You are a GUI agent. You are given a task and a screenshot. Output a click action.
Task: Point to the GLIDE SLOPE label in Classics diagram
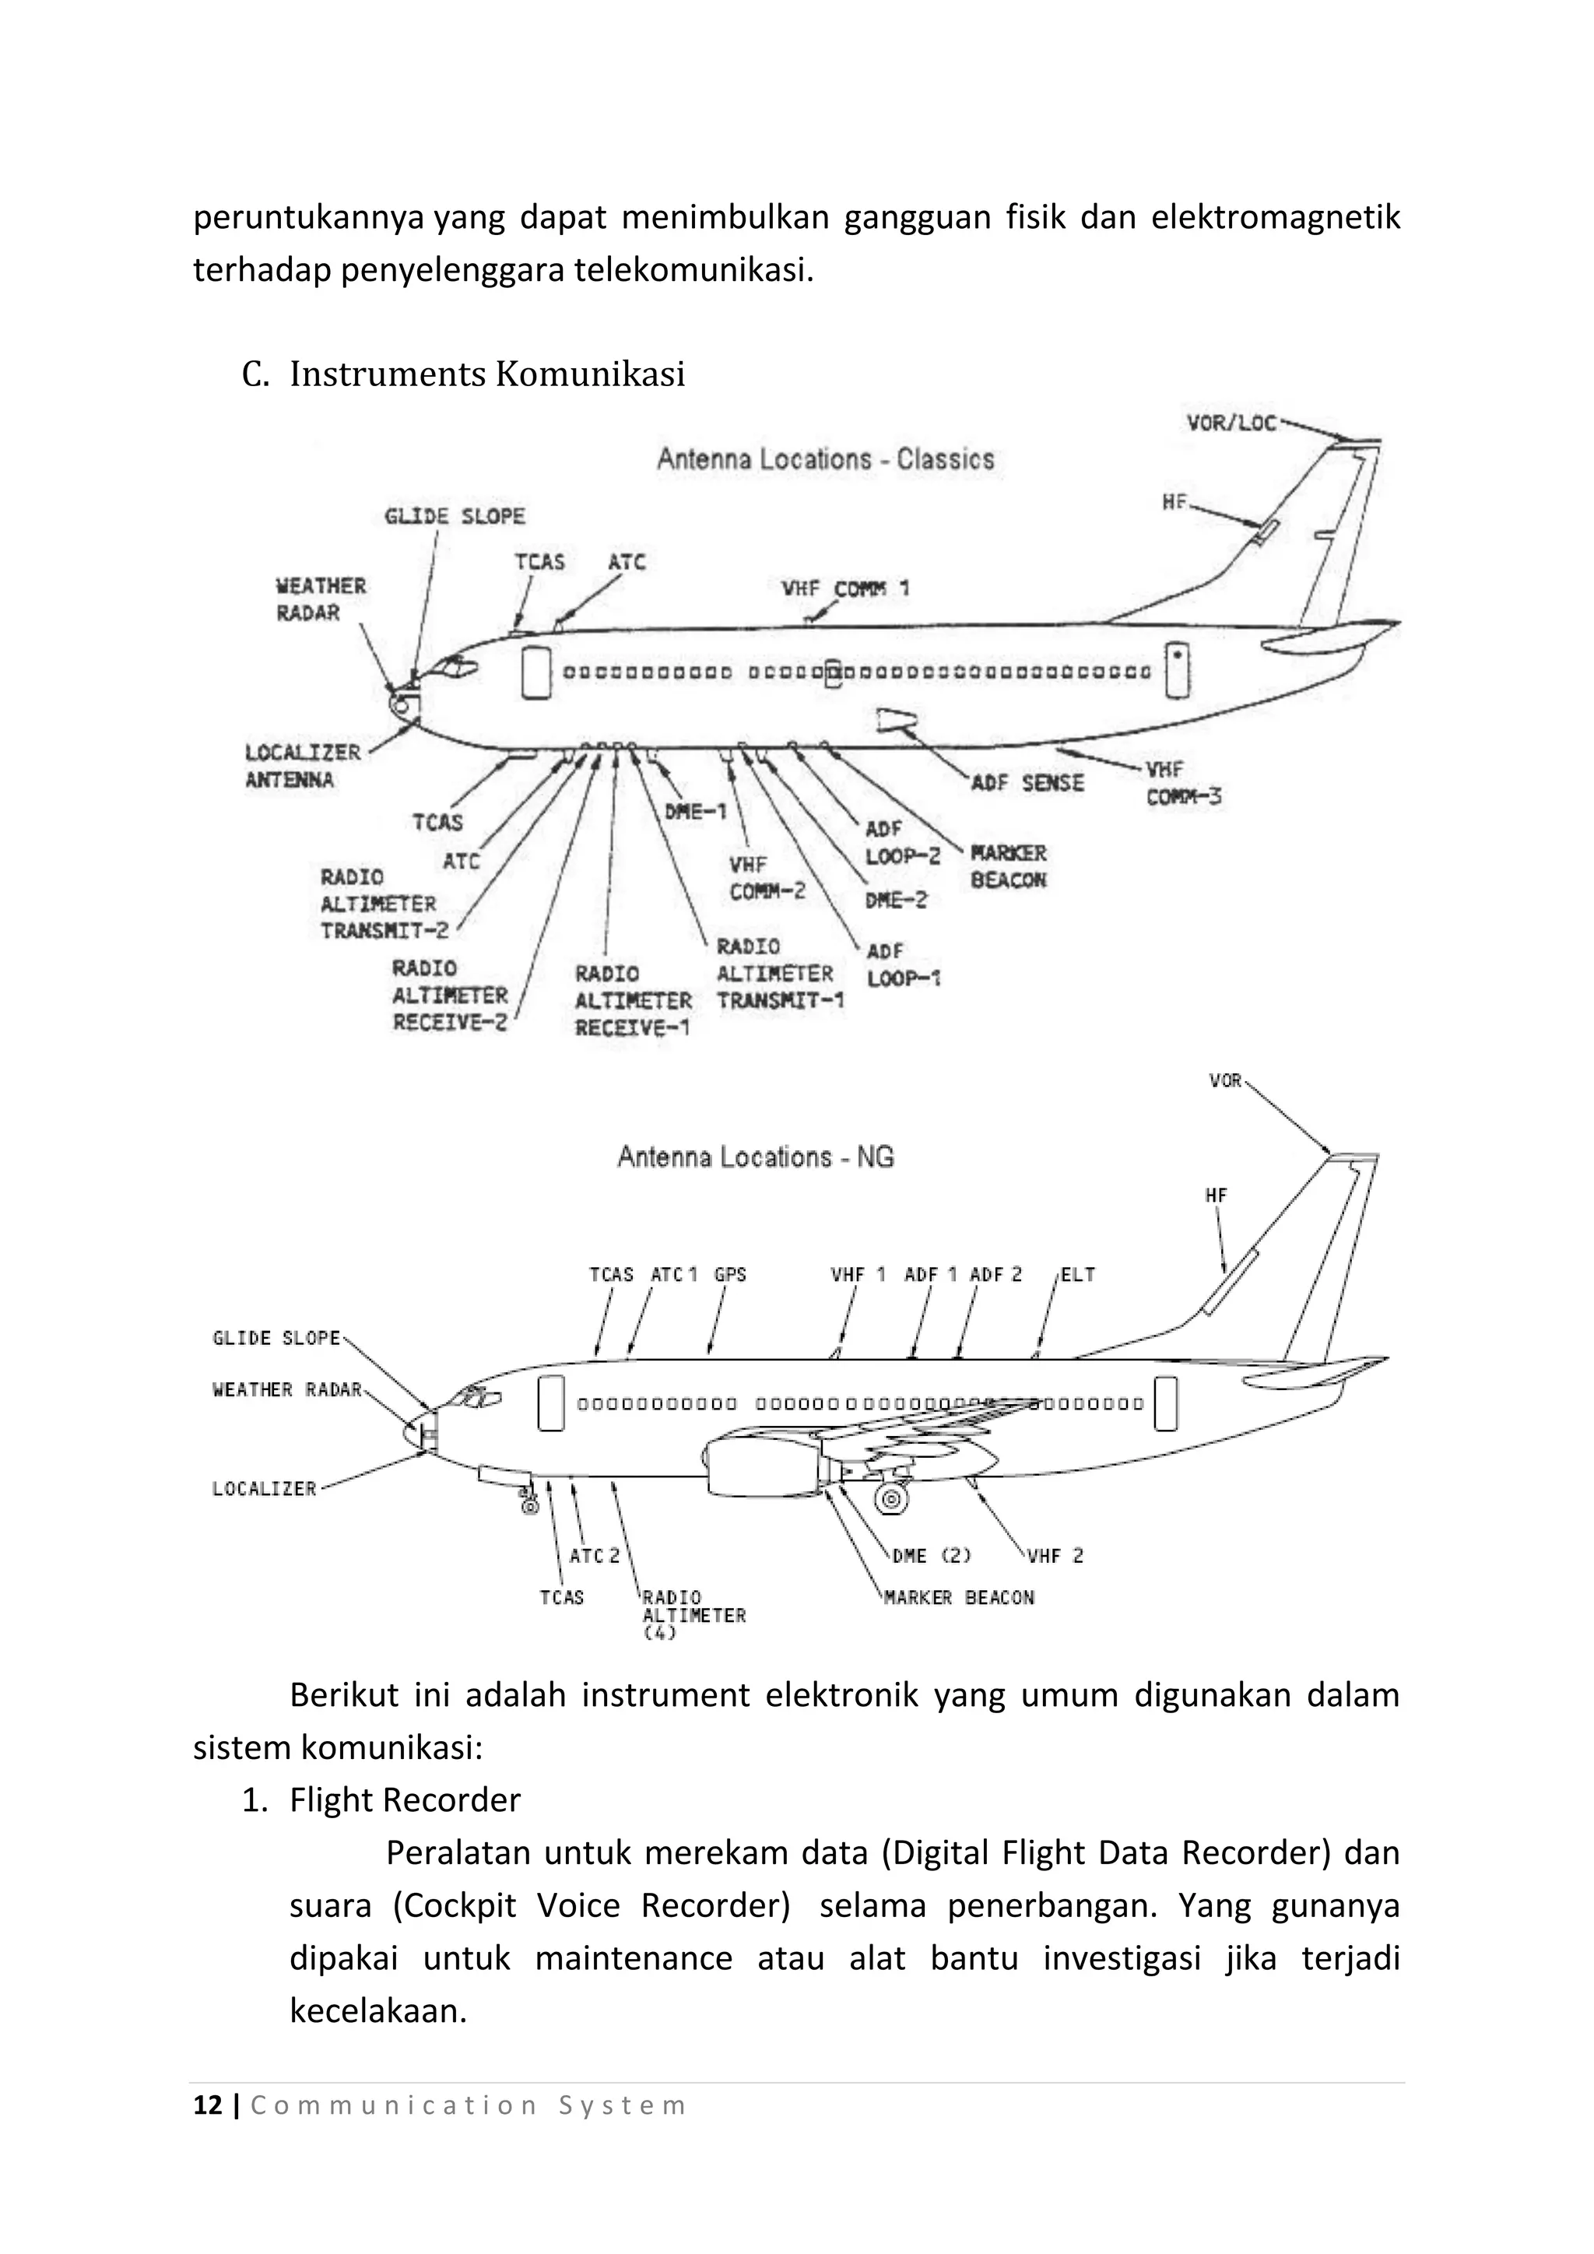[x=454, y=516]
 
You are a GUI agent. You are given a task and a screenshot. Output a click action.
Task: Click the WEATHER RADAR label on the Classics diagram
[x=320, y=599]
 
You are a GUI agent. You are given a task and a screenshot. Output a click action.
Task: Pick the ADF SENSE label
[x=1027, y=782]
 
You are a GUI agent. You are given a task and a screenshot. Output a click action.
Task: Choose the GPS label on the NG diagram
[x=729, y=1274]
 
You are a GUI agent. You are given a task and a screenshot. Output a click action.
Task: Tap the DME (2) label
[x=931, y=1555]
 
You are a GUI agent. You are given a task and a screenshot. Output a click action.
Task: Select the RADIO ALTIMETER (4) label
[x=692, y=1615]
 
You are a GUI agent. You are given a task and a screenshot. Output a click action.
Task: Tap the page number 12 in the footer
[x=208, y=2106]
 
